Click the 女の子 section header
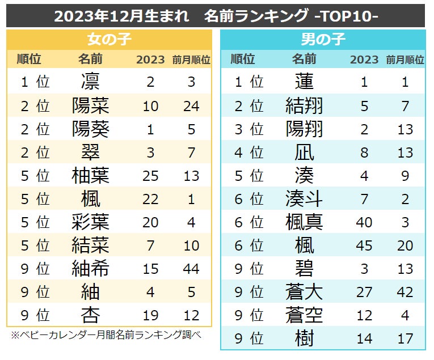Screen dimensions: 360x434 [109, 39]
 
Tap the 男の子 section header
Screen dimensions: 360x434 [323, 39]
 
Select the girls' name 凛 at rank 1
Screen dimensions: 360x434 [90, 82]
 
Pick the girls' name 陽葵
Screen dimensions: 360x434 [90, 129]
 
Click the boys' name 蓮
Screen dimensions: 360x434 [304, 82]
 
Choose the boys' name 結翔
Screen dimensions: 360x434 [304, 105]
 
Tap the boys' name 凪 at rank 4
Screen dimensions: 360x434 [304, 152]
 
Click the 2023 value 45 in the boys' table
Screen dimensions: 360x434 [364, 245]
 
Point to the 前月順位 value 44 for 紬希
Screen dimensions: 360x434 [191, 269]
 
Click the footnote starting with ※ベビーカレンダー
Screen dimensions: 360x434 [106, 335]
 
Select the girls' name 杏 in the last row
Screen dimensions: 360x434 [90, 315]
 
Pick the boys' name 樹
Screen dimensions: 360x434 [304, 339]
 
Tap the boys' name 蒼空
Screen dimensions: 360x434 [304, 316]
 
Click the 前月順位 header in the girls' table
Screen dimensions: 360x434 [191, 60]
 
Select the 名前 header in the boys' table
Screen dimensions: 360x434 [304, 60]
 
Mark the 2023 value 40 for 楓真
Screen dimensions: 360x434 [364, 222]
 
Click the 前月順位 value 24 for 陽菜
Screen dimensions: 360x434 [191, 105]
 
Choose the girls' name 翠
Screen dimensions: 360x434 [90, 152]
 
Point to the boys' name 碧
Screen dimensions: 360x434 [304, 269]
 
